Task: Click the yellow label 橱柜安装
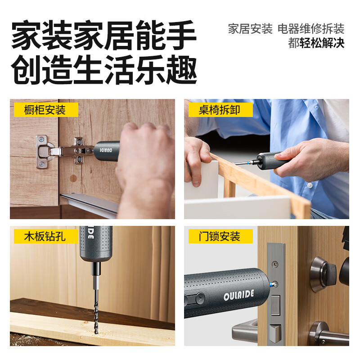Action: (45, 110)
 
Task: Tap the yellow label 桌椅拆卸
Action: (220, 110)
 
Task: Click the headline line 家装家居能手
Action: (104, 36)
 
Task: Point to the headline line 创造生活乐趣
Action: (104, 70)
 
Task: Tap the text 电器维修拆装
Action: (310, 29)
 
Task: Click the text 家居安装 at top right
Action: (250, 29)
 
